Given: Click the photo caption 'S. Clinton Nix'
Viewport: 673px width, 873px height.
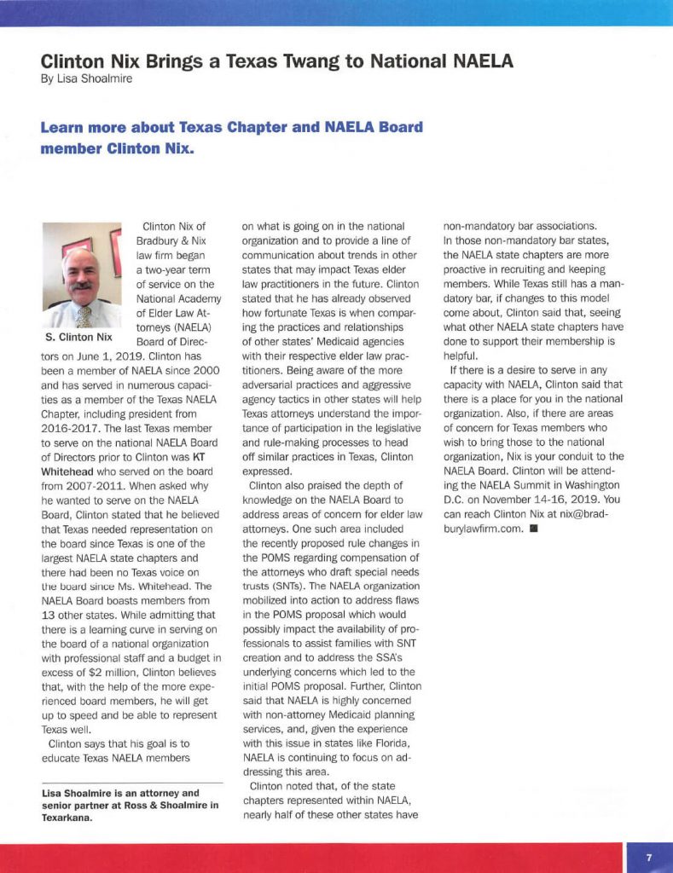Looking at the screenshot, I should tap(78, 337).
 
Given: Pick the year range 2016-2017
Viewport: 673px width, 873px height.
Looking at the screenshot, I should tap(77, 428).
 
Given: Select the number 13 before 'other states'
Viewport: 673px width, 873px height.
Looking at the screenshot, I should tap(49, 615).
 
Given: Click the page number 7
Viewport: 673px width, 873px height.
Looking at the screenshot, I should tap(648, 858).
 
